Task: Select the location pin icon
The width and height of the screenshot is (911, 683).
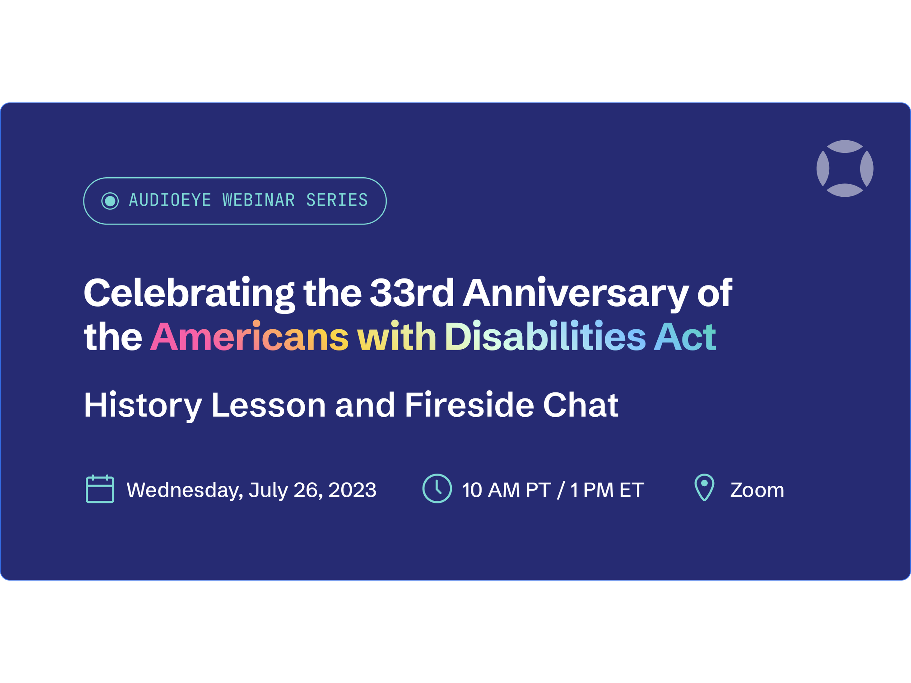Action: (704, 487)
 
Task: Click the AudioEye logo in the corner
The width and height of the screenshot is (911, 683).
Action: (845, 168)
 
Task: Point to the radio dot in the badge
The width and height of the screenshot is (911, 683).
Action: (110, 201)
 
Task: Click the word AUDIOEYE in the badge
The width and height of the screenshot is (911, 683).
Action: (170, 200)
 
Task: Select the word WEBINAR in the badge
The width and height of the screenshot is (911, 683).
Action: (259, 200)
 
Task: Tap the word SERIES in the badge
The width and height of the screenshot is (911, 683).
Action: (337, 200)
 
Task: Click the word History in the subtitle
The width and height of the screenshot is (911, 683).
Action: (143, 407)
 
